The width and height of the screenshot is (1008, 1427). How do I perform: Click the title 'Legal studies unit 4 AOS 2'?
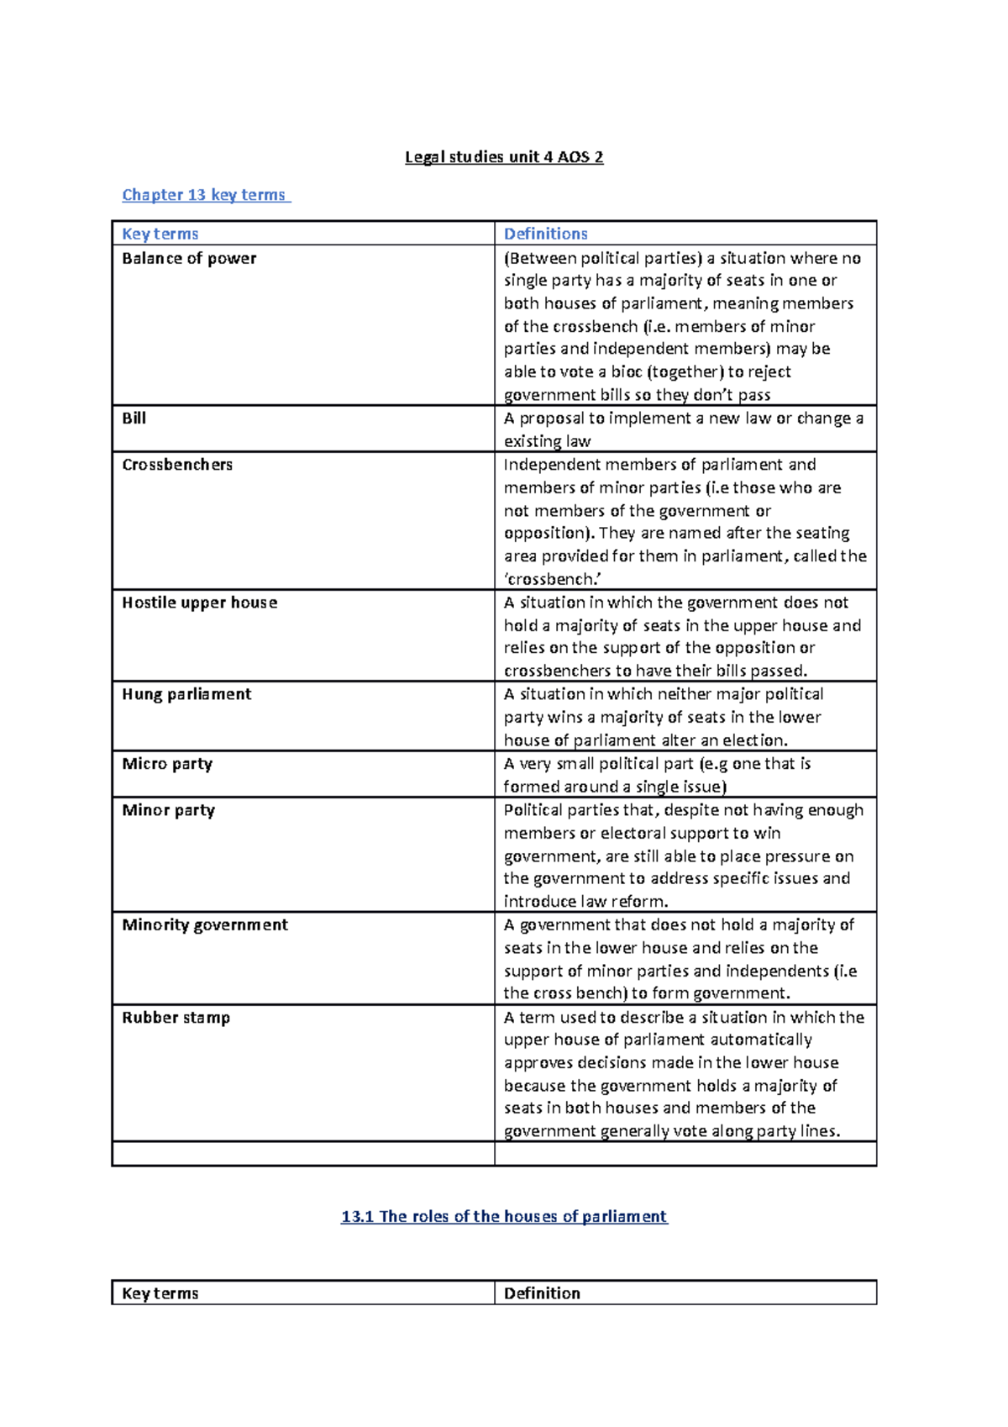click(x=504, y=157)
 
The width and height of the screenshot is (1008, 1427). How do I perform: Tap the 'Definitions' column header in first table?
click(x=545, y=234)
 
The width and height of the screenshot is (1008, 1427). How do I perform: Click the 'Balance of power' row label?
click(x=189, y=258)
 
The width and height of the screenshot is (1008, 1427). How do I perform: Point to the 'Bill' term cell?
click(x=134, y=418)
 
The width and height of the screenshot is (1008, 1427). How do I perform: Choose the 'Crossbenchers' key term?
click(x=177, y=464)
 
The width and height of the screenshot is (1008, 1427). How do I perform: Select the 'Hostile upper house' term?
click(x=199, y=602)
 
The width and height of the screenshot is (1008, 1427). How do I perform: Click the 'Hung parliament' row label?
click(x=186, y=693)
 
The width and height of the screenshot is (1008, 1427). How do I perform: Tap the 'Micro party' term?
click(x=167, y=763)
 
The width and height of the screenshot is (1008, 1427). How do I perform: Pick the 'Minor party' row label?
click(x=168, y=809)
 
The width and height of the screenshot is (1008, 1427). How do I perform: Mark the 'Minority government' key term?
click(x=205, y=924)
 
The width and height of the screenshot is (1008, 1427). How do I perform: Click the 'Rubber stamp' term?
click(x=176, y=1017)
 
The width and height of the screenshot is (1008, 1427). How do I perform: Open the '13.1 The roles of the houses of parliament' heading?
click(x=504, y=1216)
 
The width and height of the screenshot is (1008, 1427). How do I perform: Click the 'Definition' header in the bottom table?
click(x=542, y=1293)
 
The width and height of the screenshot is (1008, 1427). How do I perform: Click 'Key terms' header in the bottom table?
click(x=160, y=1293)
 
